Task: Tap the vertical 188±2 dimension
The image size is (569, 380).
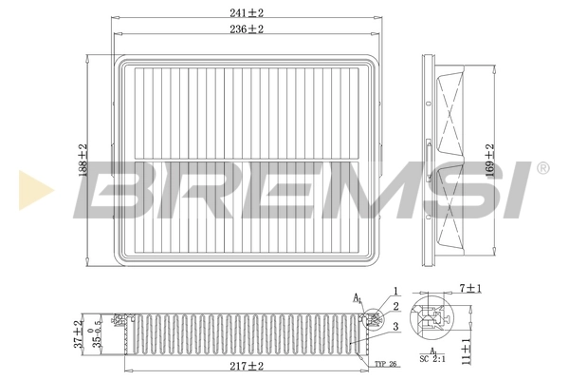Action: pyautogui.click(x=83, y=160)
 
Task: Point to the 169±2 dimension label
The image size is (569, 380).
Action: pyautogui.click(x=489, y=160)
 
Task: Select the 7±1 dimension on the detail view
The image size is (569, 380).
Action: pyautogui.click(x=470, y=288)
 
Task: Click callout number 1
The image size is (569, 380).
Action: pyautogui.click(x=396, y=291)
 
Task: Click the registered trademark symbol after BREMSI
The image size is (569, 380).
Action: pyautogui.click(x=541, y=169)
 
